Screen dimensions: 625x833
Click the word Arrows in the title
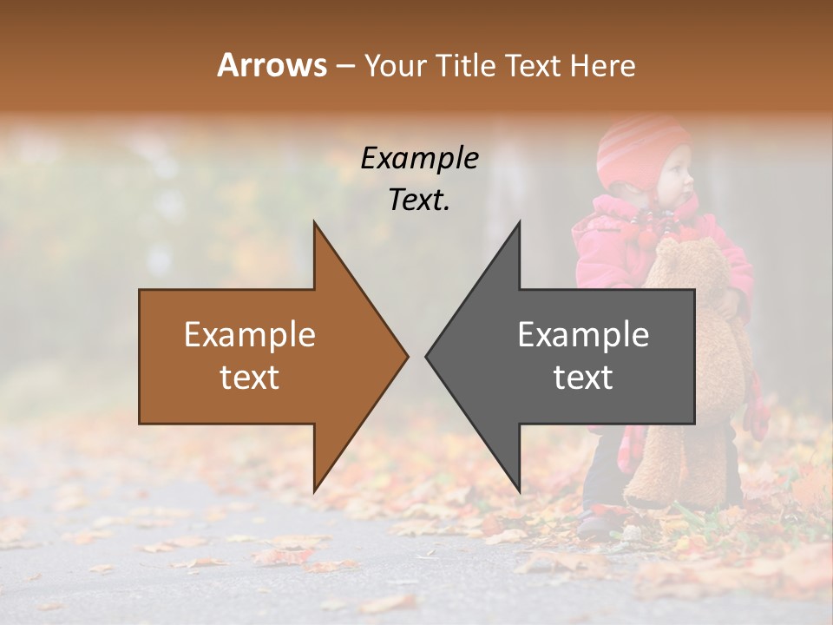(x=272, y=65)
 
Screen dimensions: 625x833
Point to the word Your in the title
(x=396, y=65)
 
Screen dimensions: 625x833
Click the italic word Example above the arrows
(x=419, y=158)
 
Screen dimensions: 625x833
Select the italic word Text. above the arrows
(x=419, y=200)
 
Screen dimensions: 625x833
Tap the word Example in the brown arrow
(x=250, y=335)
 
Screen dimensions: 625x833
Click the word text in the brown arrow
(x=250, y=378)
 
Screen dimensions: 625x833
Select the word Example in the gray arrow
(x=583, y=335)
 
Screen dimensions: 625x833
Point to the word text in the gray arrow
(x=583, y=378)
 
